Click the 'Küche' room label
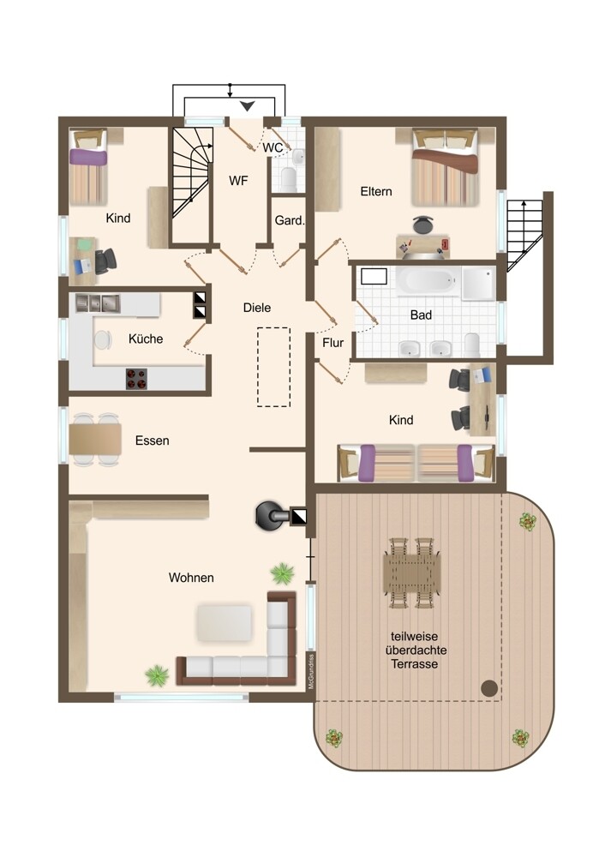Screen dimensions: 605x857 pos(146,339)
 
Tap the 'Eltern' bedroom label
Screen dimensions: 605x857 pos(376,191)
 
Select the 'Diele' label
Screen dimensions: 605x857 pos(257,308)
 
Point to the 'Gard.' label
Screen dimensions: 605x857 pos(289,220)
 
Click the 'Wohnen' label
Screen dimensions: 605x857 pos(191,578)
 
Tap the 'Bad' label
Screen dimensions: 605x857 pos(421,315)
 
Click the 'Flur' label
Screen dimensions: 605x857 pos(332,343)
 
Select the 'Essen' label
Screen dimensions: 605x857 pos(152,440)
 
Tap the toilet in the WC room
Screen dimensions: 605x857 pos(289,180)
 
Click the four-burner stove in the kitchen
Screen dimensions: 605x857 pos(136,378)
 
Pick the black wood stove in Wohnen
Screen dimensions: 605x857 pos(271,515)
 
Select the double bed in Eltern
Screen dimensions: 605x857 pos(445,167)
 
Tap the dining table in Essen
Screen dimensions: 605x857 pos(95,440)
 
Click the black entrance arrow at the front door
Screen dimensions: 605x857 pos(248,106)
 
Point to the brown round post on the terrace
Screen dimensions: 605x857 pos(489,688)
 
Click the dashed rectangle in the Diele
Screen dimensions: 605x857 pos(274,367)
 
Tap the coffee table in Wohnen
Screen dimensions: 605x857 pos(225,622)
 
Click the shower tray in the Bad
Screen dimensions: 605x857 pos(479,283)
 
